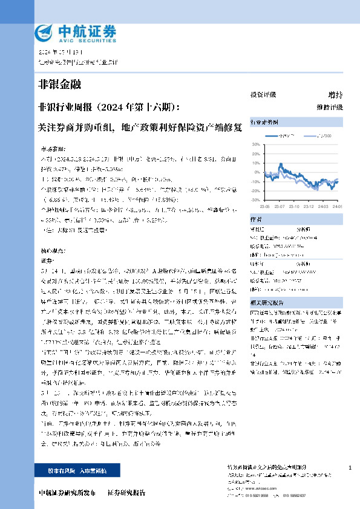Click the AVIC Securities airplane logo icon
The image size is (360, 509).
click(x=44, y=31)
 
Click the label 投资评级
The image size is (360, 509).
click(x=263, y=95)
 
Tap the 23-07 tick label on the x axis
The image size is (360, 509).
click(x=281, y=206)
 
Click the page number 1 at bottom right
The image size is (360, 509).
click(x=350, y=468)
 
